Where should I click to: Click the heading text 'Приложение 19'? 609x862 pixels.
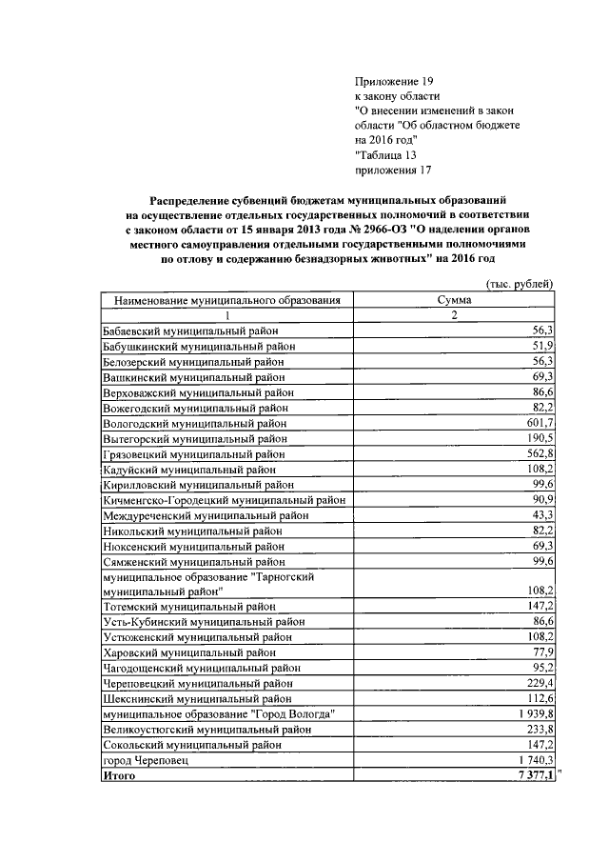[x=393, y=83]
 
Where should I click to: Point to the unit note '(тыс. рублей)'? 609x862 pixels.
[x=520, y=284]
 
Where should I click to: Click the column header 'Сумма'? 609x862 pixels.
[x=454, y=300]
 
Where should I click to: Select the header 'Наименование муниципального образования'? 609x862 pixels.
[x=227, y=300]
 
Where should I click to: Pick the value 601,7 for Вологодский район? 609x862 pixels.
[x=540, y=423]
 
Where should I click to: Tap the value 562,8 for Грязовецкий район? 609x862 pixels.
[x=540, y=453]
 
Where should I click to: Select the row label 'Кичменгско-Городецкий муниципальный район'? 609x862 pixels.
[x=223, y=500]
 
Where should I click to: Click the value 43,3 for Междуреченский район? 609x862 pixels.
[x=543, y=515]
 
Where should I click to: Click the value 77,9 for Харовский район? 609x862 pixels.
[x=543, y=652]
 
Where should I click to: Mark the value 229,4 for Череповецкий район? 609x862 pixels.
[x=540, y=683]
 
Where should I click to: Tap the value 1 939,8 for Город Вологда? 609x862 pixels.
[x=534, y=713]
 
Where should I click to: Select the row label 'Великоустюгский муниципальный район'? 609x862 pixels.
[x=206, y=729]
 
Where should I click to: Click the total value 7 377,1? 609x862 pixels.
[x=534, y=776]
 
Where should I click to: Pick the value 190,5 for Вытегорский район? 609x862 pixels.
[x=540, y=438]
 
